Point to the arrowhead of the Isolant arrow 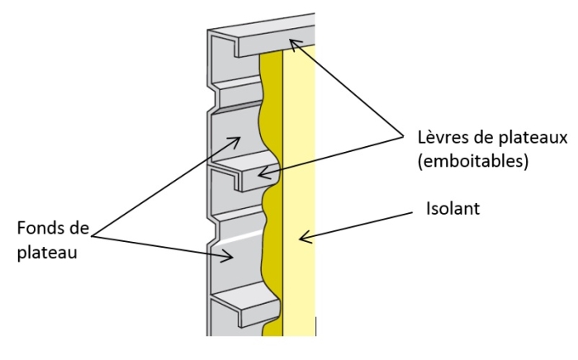(x=302, y=239)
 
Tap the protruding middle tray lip (x=248, y=174)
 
